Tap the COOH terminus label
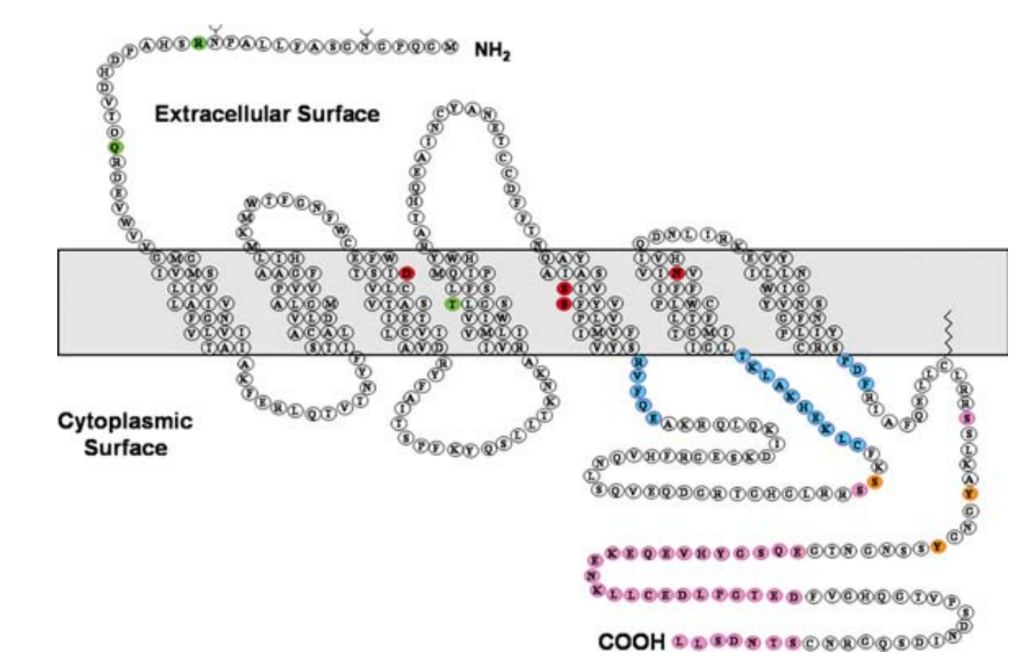pos(631,642)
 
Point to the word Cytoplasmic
pos(124,422)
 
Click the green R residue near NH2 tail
pos(199,43)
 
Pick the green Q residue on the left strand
pos(115,147)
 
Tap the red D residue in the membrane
pos(407,273)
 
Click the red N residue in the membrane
pos(678,273)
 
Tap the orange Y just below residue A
pos(970,494)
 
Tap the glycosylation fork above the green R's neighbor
pos(214,30)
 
